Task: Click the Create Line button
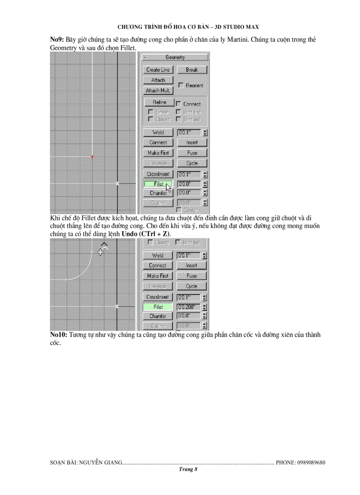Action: [x=158, y=70]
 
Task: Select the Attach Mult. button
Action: [x=158, y=90]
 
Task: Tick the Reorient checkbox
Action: [x=180, y=85]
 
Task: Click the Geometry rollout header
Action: [x=175, y=57]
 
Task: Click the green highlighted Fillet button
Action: [x=158, y=307]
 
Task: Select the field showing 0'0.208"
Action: [x=188, y=307]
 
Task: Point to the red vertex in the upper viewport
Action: [x=92, y=156]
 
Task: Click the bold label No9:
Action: [x=57, y=40]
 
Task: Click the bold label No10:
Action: [x=59, y=335]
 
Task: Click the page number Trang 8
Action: [x=188, y=470]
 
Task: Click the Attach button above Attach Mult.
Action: [x=158, y=80]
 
